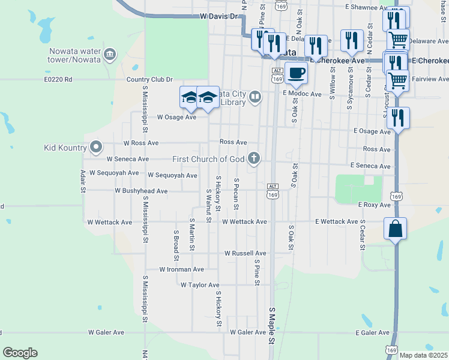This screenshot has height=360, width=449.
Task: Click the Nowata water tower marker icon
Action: click(x=110, y=55)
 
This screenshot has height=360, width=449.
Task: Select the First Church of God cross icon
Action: click(x=255, y=158)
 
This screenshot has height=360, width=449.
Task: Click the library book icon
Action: click(x=256, y=97)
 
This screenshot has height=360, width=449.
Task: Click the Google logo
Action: click(x=20, y=353)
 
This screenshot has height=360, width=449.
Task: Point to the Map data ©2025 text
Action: click(x=423, y=355)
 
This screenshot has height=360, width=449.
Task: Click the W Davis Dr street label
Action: click(x=220, y=17)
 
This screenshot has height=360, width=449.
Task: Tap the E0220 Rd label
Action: click(x=58, y=79)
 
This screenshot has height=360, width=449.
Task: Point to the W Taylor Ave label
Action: click(x=200, y=285)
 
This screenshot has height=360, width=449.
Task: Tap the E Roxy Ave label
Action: click(x=375, y=205)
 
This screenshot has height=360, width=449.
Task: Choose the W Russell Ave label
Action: click(x=245, y=253)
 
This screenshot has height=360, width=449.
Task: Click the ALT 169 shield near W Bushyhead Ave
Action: click(x=273, y=191)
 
